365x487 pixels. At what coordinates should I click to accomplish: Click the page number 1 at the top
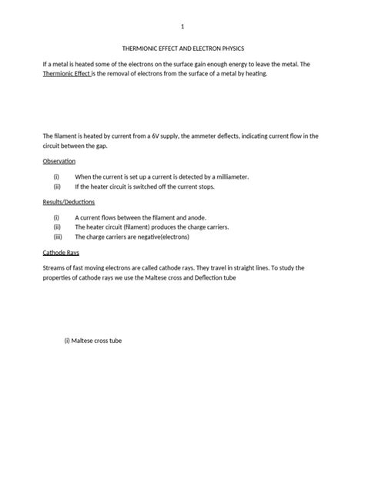point(182,24)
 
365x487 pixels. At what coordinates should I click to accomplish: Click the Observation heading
point(59,161)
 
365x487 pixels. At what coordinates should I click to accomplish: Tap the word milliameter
point(227,177)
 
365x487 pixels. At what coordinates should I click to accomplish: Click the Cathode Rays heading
point(61,253)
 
